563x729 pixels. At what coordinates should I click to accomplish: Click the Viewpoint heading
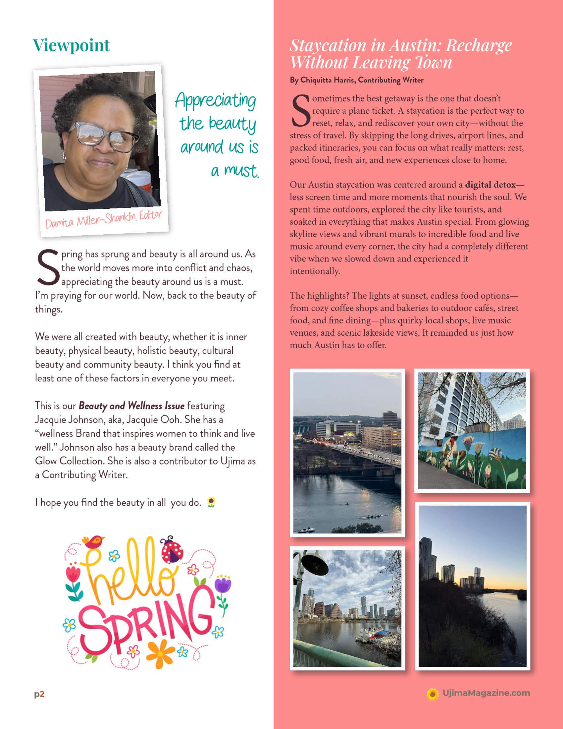click(x=71, y=45)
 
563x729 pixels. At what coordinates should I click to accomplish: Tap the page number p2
click(x=39, y=694)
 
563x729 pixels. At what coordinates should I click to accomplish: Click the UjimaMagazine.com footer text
click(x=486, y=693)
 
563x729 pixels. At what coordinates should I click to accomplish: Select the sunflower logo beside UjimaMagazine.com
click(x=433, y=694)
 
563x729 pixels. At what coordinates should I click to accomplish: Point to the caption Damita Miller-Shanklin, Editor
click(x=103, y=219)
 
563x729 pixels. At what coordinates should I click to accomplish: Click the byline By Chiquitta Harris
click(x=356, y=80)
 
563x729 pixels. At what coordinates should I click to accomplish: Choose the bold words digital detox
click(x=490, y=185)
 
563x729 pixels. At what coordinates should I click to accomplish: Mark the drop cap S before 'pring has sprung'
click(x=48, y=268)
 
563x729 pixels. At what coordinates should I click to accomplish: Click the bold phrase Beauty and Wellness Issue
click(x=131, y=406)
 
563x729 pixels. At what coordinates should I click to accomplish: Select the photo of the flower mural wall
click(x=472, y=430)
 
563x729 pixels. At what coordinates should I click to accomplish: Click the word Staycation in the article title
click(x=328, y=46)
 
